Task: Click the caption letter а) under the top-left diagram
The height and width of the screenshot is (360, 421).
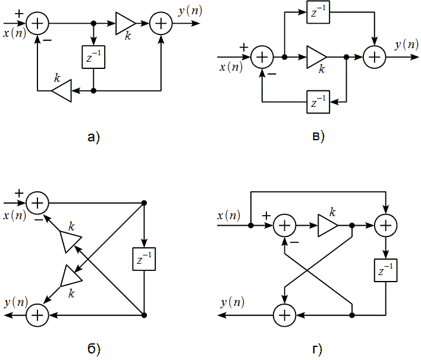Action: click(x=93, y=138)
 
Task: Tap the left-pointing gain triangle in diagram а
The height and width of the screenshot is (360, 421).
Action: click(x=61, y=91)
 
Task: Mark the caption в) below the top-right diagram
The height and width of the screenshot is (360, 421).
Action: click(x=318, y=138)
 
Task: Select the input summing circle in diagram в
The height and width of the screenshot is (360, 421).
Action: click(x=262, y=57)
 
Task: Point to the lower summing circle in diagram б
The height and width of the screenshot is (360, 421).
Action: click(x=37, y=314)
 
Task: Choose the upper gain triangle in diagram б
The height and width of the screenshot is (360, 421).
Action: click(x=70, y=241)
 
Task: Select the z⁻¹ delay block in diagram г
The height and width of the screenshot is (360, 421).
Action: click(x=386, y=270)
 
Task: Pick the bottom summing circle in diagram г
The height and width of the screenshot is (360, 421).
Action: click(x=284, y=314)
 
